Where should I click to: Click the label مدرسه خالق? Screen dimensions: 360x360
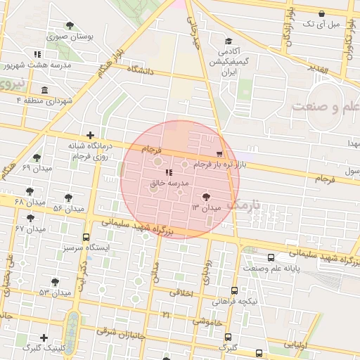166,181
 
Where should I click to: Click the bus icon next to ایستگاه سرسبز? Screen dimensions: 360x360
86,237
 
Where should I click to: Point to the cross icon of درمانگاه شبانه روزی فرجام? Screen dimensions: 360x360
90,135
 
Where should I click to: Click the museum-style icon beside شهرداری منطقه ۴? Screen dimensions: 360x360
45,90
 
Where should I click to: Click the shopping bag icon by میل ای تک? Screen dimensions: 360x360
321,13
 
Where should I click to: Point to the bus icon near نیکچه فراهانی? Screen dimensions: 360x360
234,290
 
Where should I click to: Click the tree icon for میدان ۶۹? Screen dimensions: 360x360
37,158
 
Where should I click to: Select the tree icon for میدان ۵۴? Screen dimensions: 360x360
68,198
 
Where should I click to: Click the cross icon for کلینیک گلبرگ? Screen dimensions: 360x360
44,337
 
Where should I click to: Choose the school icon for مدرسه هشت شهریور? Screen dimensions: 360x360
37,54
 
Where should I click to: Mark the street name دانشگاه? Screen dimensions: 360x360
141,70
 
